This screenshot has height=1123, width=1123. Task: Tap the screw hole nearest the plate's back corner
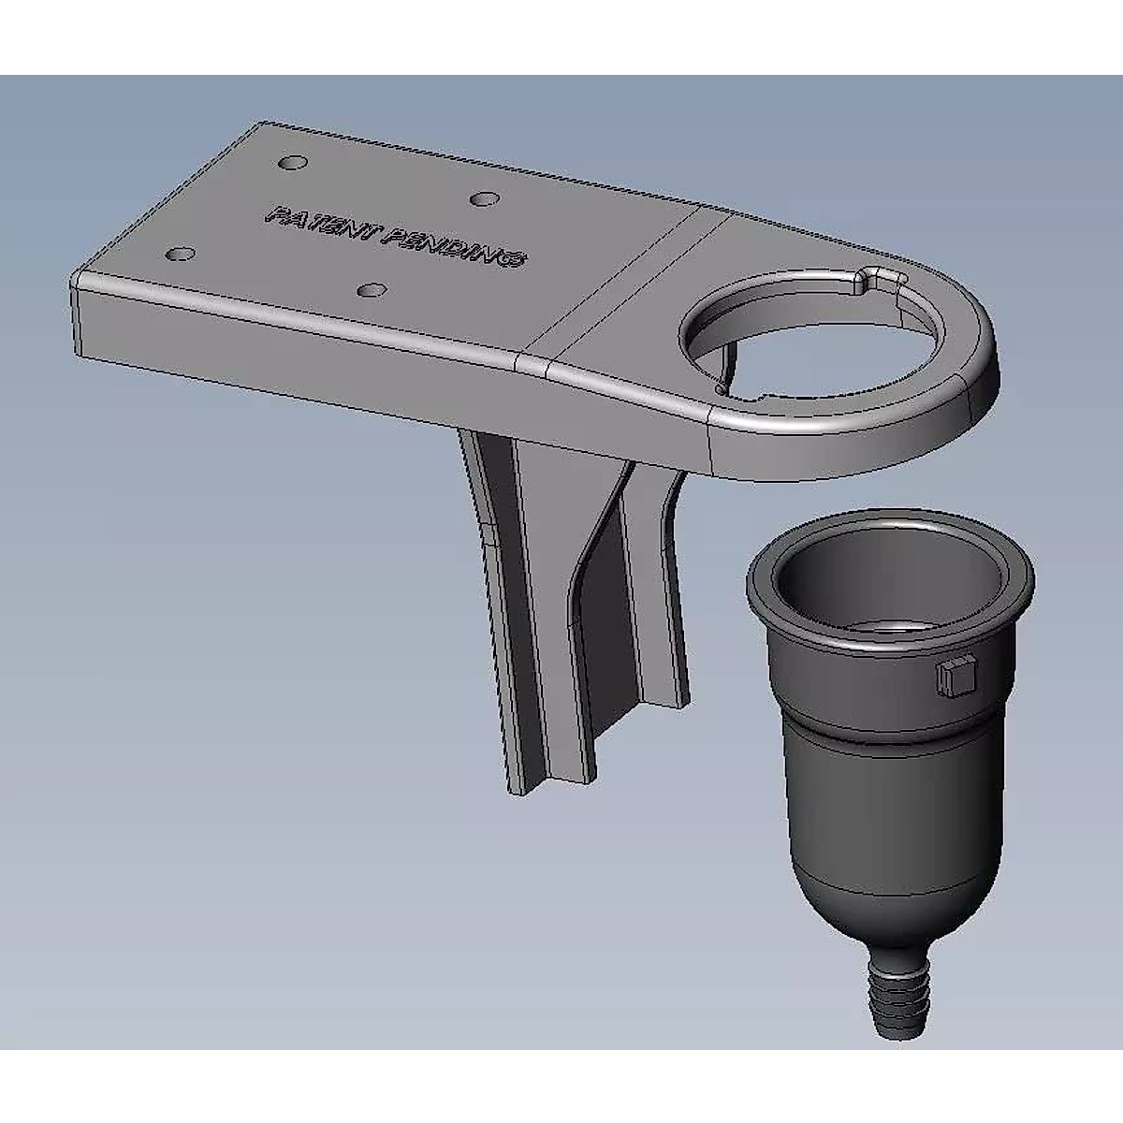(292, 163)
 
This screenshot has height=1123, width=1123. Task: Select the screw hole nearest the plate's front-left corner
(180, 254)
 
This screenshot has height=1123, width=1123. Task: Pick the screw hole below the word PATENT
(372, 289)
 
